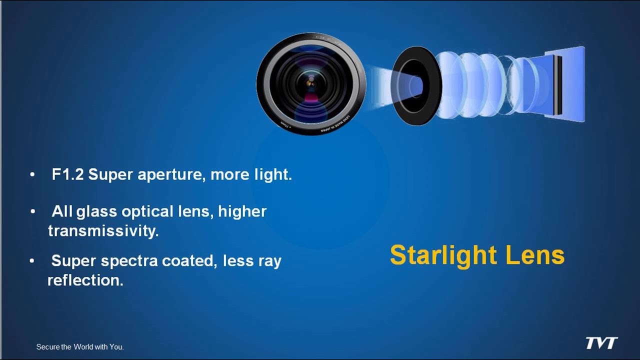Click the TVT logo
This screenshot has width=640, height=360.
(601, 343)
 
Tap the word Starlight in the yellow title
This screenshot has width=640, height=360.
(443, 255)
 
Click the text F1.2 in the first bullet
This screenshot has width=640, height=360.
(68, 175)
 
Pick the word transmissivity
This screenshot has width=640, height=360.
(103, 231)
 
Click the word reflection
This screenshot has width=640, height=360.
(85, 280)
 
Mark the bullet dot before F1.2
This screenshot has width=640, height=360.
(32, 175)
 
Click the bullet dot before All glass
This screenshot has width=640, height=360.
(32, 212)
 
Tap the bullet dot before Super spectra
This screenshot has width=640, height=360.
(32, 261)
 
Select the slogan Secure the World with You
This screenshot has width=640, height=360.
(80, 346)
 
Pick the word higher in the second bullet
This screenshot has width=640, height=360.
(242, 211)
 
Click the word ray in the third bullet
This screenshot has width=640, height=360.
(271, 261)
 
